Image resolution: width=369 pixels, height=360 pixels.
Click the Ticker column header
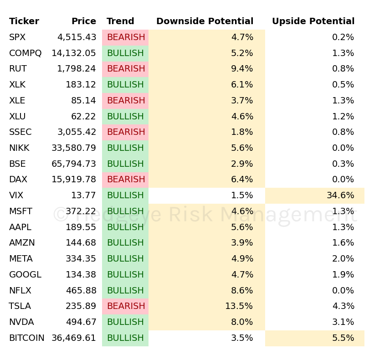coord(24,21)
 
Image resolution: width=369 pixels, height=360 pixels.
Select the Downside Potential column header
coord(205,21)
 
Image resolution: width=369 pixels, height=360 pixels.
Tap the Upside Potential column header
coord(313,21)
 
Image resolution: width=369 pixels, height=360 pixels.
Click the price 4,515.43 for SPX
coord(77,37)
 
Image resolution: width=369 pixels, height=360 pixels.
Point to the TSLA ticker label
coord(20,306)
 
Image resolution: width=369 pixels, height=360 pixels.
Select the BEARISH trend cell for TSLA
coord(126,306)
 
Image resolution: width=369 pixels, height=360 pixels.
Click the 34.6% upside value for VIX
coord(340,195)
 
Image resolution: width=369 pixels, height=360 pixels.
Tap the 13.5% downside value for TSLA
coord(239,306)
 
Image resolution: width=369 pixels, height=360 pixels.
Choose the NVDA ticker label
coord(21,322)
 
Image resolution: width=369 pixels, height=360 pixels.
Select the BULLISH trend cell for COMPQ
coord(125,53)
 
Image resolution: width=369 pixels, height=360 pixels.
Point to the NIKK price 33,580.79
coord(74,148)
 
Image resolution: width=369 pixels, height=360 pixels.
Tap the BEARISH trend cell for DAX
coord(126,180)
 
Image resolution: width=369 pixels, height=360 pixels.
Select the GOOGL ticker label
coord(25,275)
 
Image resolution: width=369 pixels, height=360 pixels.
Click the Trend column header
coord(120,21)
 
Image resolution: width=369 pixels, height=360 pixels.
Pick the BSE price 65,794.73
coord(74,164)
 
